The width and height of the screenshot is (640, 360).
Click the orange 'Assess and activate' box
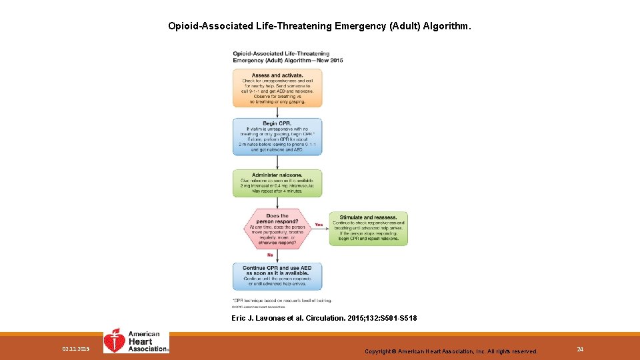277,88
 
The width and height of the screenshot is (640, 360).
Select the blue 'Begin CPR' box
277,137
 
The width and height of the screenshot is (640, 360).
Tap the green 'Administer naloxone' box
277,183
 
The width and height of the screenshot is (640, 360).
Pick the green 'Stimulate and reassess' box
368,229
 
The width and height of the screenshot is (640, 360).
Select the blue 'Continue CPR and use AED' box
277,276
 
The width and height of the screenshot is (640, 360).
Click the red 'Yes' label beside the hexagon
319,225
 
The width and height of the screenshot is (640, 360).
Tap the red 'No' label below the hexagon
270,255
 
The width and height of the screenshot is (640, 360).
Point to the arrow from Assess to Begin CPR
277,113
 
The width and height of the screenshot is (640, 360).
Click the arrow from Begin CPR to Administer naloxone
277,163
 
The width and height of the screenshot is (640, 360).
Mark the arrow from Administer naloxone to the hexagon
277,203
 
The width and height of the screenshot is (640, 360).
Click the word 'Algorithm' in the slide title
449,27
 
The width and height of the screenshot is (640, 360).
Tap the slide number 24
579,349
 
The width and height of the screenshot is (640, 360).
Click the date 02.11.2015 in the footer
75,349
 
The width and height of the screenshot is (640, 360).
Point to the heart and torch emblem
115,341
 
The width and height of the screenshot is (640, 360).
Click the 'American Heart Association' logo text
146,341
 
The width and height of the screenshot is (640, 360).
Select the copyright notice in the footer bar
451,351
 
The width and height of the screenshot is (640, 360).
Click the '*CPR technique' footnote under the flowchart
282,301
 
